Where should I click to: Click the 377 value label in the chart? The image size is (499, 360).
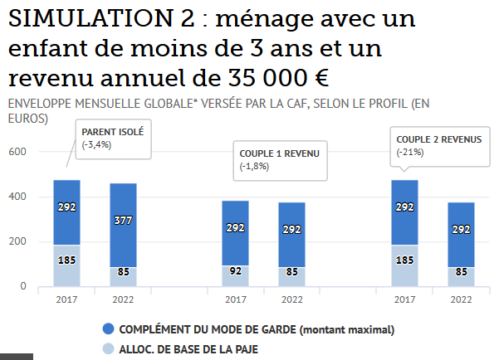tap(123, 220)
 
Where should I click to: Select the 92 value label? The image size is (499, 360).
tap(235, 270)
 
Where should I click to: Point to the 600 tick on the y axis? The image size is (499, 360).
tap(18, 153)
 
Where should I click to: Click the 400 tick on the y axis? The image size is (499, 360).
tap(18, 197)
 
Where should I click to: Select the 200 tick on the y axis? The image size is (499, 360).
tap(18, 242)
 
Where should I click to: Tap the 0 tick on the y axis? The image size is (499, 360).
tap(23, 287)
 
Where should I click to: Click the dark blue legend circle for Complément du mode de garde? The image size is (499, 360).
tap(107, 329)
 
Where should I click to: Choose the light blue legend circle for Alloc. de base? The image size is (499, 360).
tap(107, 349)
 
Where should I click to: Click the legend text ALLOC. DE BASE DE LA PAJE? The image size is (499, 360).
tap(188, 349)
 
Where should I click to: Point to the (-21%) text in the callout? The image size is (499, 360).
tap(410, 152)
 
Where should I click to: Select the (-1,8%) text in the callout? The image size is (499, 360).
tap(254, 167)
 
